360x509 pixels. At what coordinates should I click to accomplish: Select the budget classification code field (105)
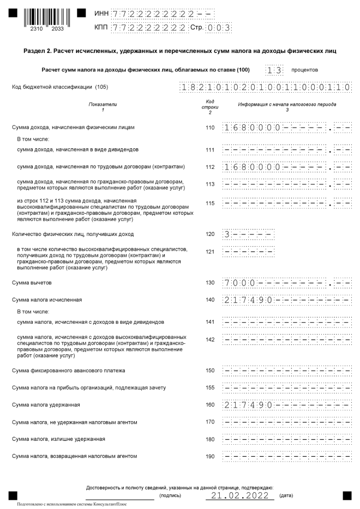tap(265, 87)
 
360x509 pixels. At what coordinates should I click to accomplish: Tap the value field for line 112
tap(287, 167)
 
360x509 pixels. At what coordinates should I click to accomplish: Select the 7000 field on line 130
tap(287, 283)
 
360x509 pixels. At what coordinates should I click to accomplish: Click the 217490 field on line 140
tap(287, 300)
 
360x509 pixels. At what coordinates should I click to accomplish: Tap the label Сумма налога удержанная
tap(46, 405)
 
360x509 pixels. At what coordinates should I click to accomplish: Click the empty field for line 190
tap(287, 456)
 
